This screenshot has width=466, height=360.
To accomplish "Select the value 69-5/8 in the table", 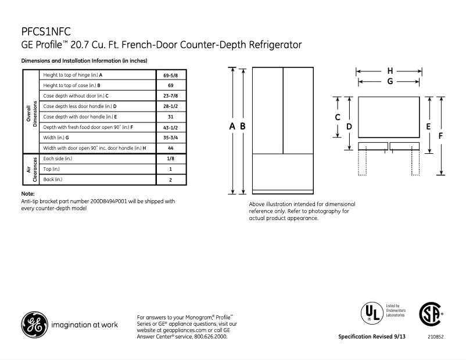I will [x=170, y=75].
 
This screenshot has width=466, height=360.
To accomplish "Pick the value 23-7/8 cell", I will [x=170, y=95].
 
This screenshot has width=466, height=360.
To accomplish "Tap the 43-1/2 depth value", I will [x=170, y=127].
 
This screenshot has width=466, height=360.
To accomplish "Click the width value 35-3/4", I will [x=170, y=138].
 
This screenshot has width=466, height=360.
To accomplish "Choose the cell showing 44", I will [x=170, y=148].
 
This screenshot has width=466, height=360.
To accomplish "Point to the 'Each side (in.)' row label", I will [x=58, y=159].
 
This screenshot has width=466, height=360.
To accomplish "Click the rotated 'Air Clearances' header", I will [x=31, y=170].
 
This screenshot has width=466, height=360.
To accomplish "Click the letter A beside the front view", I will [x=232, y=127].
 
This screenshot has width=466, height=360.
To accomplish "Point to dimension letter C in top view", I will [x=338, y=117].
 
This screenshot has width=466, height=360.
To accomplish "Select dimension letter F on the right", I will [x=441, y=135].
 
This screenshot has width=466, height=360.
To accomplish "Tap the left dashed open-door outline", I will [x=362, y=163].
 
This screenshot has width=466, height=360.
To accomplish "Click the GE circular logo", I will [x=34, y=325].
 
